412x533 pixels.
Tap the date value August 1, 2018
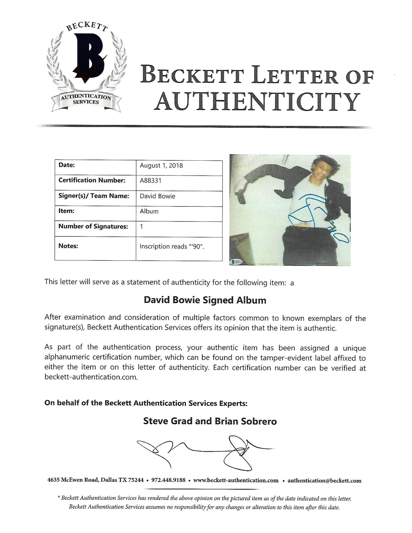(161, 166)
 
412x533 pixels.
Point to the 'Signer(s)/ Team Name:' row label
(94, 196)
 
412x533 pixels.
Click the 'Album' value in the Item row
(149, 211)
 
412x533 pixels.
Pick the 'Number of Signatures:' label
(93, 227)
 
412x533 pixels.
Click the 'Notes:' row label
(68, 246)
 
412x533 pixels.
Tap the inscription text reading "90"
(172, 247)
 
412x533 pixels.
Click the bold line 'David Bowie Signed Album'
(205, 300)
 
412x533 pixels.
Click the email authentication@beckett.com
(324, 481)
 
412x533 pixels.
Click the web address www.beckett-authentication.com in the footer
(236, 480)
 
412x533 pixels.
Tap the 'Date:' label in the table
(66, 165)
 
